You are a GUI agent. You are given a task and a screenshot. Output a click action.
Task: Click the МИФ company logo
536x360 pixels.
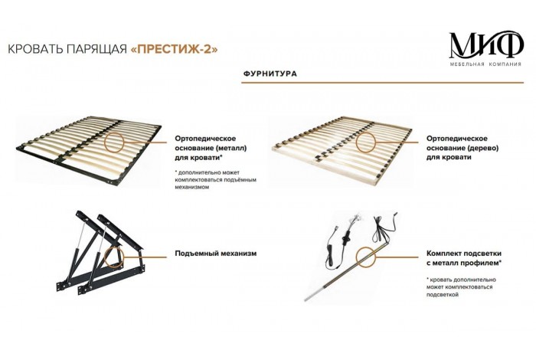coord(485,48)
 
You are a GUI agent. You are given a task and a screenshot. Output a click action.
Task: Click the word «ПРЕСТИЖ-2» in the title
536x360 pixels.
coord(175,49)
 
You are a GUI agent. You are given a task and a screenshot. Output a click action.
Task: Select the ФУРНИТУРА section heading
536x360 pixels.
coord(270,74)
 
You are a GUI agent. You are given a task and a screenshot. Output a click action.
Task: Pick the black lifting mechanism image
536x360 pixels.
coord(100,253)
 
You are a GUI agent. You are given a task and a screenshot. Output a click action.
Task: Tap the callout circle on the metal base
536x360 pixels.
coord(114,142)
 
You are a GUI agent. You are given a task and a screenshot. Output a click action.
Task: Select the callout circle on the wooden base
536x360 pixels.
coord(365,142)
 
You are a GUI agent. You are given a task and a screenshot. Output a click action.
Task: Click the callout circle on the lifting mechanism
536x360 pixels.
coord(114,257)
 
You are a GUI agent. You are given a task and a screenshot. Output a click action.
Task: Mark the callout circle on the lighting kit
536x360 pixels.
coord(365,257)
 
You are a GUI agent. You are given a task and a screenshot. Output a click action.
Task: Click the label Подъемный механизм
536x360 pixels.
coord(216,254)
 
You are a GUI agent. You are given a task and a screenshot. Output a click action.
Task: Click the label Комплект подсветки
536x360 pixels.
coord(464,254)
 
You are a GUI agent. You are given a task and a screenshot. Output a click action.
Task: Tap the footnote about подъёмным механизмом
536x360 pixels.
coord(215,180)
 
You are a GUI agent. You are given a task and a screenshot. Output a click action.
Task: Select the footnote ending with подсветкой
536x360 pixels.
coord(461,287)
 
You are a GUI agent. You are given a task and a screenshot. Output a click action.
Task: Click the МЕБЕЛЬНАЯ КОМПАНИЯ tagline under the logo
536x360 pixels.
coord(485,64)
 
